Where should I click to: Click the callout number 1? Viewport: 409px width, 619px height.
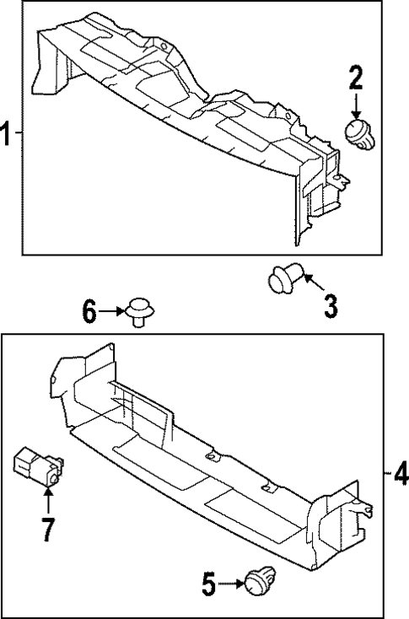pyautogui.click(x=7, y=134)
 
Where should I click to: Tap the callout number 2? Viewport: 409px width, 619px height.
pyautogui.click(x=355, y=80)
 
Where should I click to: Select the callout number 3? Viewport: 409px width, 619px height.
pyautogui.click(x=330, y=305)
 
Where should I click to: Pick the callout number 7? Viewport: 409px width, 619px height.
pyautogui.click(x=46, y=529)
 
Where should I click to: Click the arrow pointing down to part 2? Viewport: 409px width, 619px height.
pyautogui.click(x=355, y=107)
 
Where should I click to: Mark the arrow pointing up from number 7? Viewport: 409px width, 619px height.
pyautogui.click(x=47, y=501)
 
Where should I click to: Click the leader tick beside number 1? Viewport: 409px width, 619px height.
pyautogui.click(x=19, y=134)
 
